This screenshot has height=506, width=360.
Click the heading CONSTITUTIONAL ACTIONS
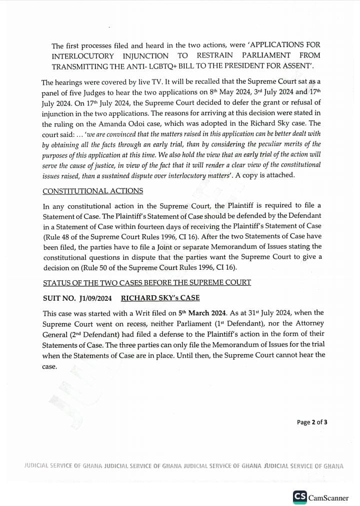pyautogui.click(x=92, y=191)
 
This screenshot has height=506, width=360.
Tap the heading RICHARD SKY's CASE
pyautogui.click(x=160, y=298)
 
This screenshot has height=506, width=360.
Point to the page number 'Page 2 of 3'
pyautogui.click(x=312, y=422)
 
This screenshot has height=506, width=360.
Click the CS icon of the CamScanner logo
pyautogui.click(x=299, y=497)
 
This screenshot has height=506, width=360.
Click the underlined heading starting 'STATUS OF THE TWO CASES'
pyautogui.click(x=146, y=283)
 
